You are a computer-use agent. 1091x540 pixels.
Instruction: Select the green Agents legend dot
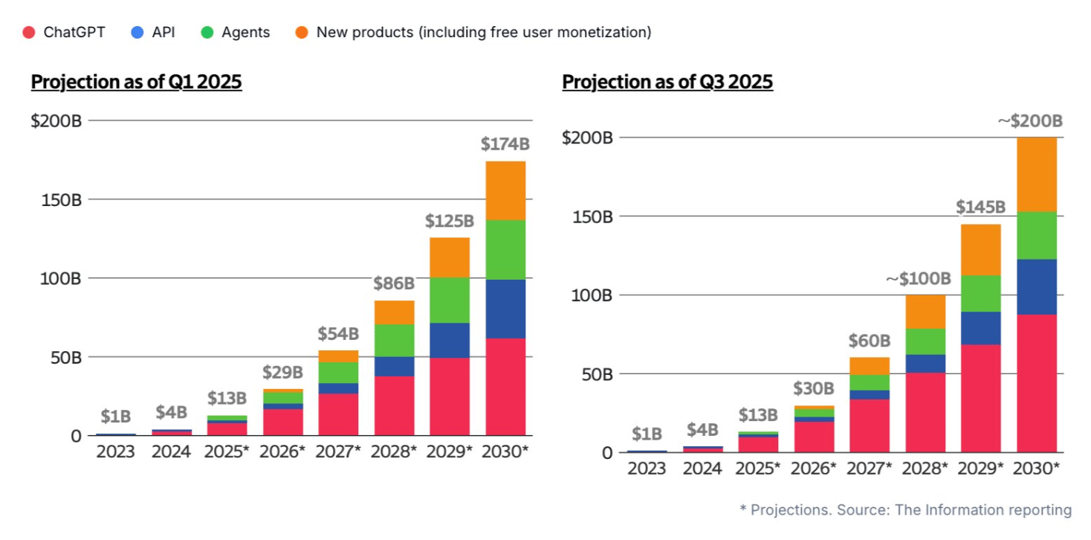(x=207, y=32)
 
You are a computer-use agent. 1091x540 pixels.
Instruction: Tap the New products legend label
(x=483, y=32)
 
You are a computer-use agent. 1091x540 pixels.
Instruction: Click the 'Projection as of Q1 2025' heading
(x=136, y=82)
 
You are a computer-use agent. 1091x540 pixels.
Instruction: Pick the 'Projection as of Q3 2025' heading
(x=667, y=82)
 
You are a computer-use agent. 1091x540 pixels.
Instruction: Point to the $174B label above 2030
(x=505, y=144)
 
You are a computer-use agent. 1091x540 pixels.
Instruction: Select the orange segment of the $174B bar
(x=505, y=190)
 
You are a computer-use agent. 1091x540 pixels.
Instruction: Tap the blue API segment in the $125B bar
(x=450, y=340)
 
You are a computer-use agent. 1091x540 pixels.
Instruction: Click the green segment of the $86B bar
(x=394, y=340)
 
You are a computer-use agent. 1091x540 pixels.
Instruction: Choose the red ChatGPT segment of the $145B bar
(x=981, y=398)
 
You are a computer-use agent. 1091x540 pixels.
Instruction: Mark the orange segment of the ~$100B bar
(x=925, y=311)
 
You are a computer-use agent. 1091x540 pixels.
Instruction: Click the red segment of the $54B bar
(x=338, y=414)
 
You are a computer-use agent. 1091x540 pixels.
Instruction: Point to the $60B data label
(x=870, y=341)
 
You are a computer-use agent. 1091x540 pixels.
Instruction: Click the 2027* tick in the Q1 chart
(x=338, y=451)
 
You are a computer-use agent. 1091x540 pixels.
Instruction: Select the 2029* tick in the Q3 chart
(x=981, y=469)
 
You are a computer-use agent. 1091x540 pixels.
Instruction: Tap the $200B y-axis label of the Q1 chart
(x=56, y=120)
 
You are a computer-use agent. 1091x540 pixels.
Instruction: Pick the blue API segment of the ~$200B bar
(x=1037, y=286)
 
